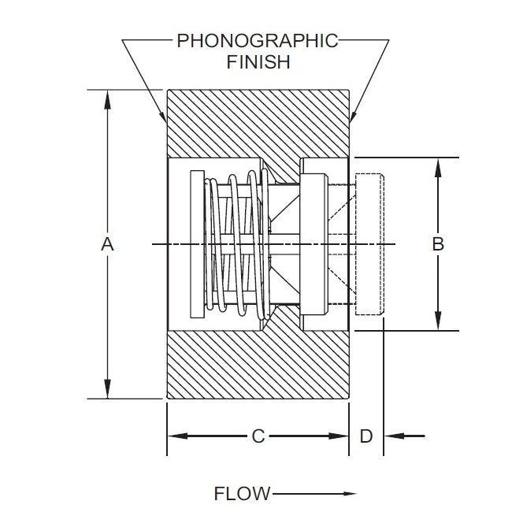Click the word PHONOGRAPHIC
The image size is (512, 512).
pyautogui.click(x=258, y=39)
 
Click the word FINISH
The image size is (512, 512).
pyautogui.click(x=258, y=62)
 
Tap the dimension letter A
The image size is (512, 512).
pyautogui.click(x=108, y=244)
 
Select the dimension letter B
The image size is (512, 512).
pyautogui.click(x=439, y=244)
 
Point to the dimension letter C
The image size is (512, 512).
pyautogui.click(x=258, y=436)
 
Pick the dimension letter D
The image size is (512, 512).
pyautogui.click(x=365, y=436)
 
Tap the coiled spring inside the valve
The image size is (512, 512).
pyautogui.click(x=236, y=244)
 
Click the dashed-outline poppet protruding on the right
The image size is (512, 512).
pyautogui.click(x=369, y=244)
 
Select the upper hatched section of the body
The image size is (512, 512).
pyautogui.click(x=258, y=122)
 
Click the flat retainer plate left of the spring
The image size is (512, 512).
pyautogui.click(x=197, y=244)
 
